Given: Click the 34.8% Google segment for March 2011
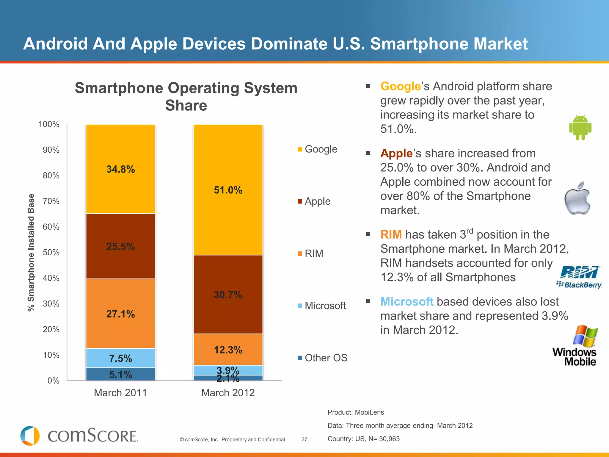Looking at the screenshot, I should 120,169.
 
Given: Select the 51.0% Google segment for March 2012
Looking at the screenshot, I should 228,190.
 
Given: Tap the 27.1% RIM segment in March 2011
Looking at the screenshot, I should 120,314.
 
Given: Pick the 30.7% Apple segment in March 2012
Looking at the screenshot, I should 228,295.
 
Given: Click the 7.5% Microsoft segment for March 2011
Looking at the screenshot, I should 120,358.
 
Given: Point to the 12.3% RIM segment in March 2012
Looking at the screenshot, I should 228,350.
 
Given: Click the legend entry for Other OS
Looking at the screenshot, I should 323,358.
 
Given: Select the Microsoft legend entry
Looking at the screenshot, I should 322,306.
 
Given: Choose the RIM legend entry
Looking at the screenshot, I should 311,253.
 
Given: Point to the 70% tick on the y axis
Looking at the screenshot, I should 51,201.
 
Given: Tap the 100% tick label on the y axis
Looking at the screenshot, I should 49,124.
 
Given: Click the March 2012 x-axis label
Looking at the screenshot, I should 228,393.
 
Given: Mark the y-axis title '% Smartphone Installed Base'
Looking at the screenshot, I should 31,252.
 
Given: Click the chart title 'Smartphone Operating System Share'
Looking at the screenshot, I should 186,96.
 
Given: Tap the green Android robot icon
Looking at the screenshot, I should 580,127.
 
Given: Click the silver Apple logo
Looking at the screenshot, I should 577,198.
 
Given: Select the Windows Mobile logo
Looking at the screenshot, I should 575,346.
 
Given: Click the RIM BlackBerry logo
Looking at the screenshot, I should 579,277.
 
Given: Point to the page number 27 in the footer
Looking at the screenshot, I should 304,439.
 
